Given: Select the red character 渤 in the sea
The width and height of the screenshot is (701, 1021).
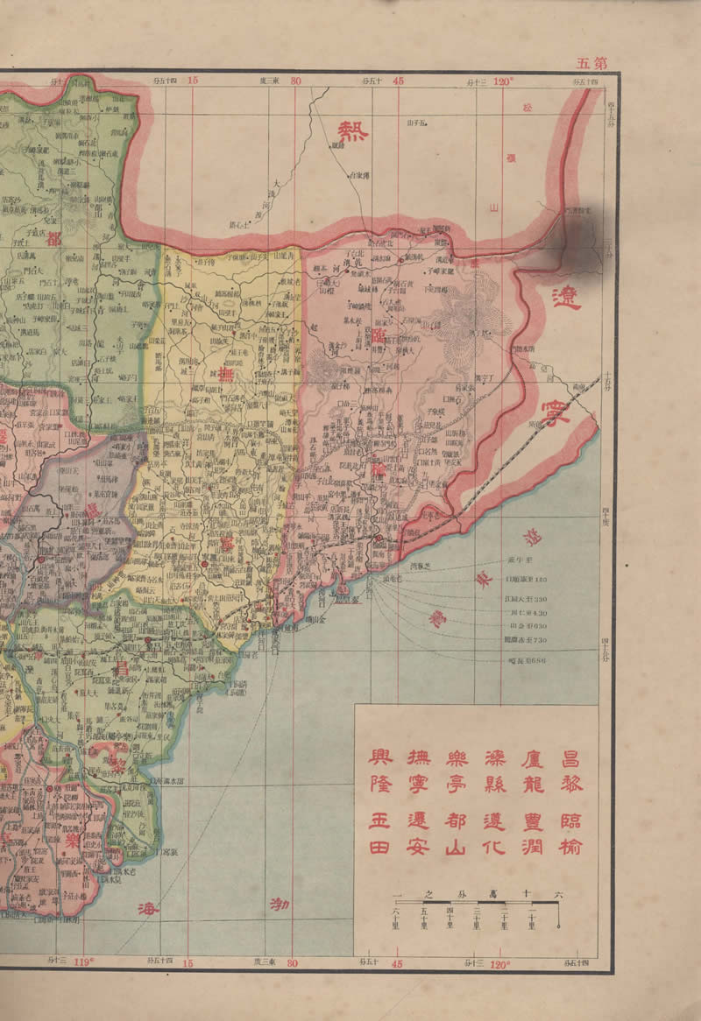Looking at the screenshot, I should tap(279, 904).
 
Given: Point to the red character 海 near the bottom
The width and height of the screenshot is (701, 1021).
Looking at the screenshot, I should tap(145, 909).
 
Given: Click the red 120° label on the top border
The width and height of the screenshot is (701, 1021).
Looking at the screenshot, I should tap(502, 81).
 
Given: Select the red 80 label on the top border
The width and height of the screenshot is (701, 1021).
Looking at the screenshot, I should tap(295, 81).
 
